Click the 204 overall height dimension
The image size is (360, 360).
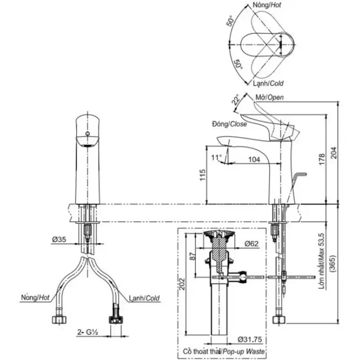333,153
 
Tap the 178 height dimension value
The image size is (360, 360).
322,159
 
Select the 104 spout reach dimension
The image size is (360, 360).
254,159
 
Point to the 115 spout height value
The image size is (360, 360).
202,175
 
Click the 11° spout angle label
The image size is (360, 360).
216,157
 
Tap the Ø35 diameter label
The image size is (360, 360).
59,239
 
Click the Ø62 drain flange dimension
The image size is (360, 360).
252,243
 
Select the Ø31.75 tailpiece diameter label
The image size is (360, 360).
250,339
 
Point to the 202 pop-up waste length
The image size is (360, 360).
182,284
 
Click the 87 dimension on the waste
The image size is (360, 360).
193,256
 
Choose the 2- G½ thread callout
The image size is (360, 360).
88,332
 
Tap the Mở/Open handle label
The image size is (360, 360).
270,97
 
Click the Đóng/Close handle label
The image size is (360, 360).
229,124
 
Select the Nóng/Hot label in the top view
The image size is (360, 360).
267,5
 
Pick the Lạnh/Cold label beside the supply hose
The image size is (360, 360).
144,298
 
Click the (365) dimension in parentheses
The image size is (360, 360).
333,264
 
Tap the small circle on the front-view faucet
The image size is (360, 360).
87,134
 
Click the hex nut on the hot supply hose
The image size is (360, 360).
59,319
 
